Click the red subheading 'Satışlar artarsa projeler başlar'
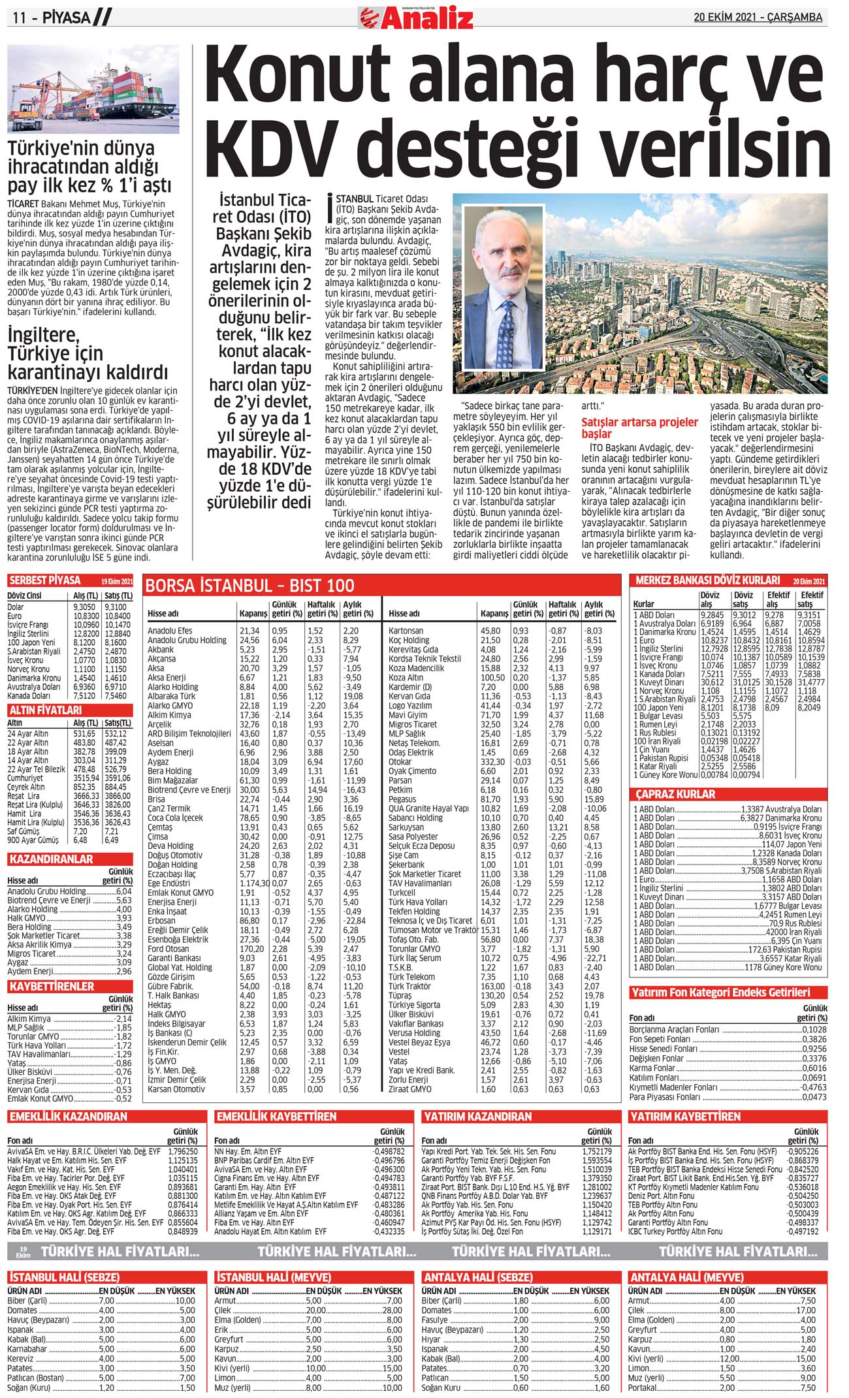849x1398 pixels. coord(639,428)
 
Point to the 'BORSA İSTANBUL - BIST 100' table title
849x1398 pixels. coord(249,585)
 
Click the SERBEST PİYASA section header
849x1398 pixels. coord(45,580)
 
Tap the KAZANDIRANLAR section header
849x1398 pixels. coord(51,859)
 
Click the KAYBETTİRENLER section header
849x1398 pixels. coord(52,987)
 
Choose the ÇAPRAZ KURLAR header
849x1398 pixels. coord(675,794)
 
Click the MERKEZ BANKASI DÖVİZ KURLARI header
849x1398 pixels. coord(707,580)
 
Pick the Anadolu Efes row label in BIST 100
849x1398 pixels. coord(170,631)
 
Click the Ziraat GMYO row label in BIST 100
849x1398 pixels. coord(409,1089)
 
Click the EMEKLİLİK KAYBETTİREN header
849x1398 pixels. coord(276,1117)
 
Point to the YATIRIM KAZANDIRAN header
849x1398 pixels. coord(477,1117)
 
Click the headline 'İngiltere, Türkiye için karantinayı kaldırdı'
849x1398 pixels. coord(88,354)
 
